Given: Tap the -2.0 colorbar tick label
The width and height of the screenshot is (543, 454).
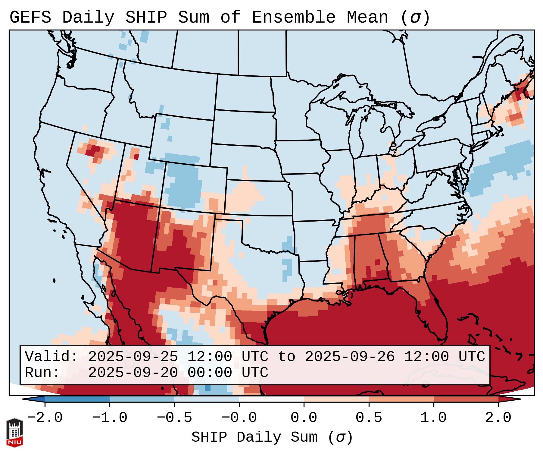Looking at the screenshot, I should [x=45, y=418].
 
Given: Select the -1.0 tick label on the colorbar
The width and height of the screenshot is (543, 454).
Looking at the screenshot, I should [x=110, y=418].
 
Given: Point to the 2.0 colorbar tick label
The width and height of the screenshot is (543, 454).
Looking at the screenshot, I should [x=498, y=418].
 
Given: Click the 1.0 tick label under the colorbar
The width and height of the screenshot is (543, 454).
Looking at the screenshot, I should [x=433, y=418].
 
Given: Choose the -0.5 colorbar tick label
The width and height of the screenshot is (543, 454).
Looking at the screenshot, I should [x=174, y=418].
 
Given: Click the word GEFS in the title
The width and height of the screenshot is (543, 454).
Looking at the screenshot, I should [x=30, y=17].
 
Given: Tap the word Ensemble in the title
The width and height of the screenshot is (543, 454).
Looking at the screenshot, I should [x=293, y=17].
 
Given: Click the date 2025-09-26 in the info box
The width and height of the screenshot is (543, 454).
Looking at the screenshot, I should [x=350, y=357].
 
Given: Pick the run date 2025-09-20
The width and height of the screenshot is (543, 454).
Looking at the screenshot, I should [x=133, y=373].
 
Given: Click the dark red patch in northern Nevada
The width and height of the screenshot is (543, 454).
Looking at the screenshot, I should [x=95, y=149].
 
